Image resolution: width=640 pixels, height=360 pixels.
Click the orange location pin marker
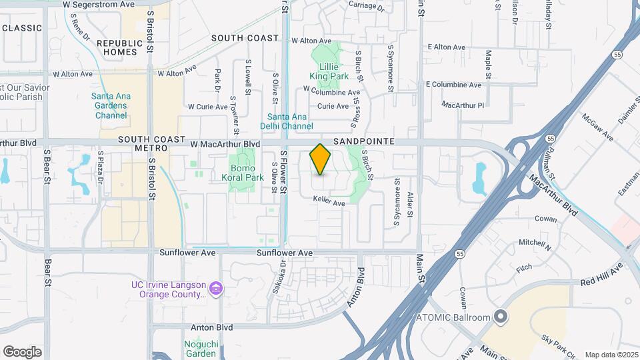click(x=321, y=159)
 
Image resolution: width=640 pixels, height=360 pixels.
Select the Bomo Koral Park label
click(x=243, y=173)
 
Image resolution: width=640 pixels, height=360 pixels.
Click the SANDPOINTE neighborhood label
click(x=363, y=142)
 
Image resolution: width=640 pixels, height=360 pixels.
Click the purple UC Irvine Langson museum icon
click(x=215, y=289)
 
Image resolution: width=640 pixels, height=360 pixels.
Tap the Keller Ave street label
click(x=329, y=203)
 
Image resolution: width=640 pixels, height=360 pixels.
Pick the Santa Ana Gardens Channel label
click(x=111, y=105)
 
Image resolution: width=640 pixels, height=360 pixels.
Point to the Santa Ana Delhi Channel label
click(x=286, y=121)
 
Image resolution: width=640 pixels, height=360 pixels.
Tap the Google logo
click(x=22, y=352)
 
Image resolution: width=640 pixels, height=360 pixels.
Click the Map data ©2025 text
click(x=611, y=355)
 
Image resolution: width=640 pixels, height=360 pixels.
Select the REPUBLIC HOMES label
click(x=121, y=47)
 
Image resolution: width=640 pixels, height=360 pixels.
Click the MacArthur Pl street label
click(x=463, y=105)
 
